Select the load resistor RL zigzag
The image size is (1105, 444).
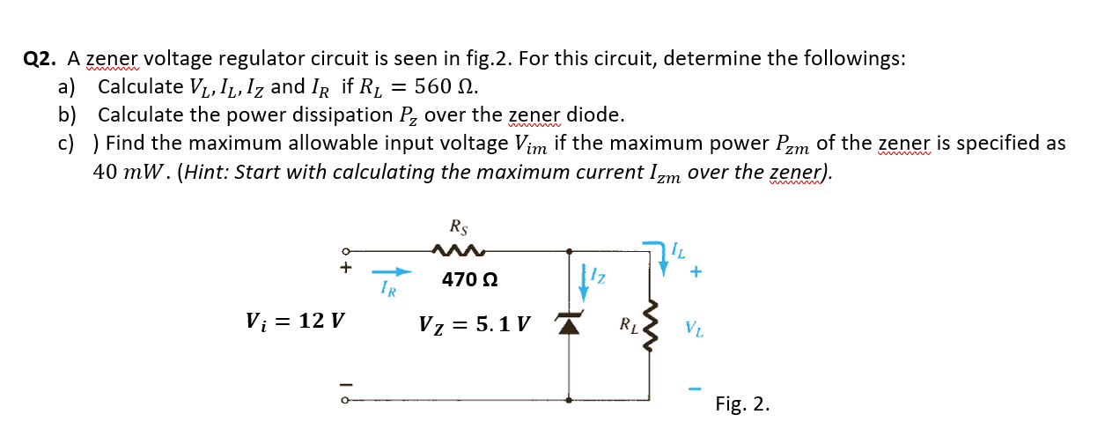tap(652, 325)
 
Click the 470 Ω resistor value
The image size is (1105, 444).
tap(469, 280)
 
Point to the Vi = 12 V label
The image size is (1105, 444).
tap(295, 321)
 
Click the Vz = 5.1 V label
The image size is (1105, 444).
tap(475, 324)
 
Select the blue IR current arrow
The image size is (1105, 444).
tap(391, 272)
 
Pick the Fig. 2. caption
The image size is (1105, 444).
tap(742, 404)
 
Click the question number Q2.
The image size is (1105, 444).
tap(41, 59)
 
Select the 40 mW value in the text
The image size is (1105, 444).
tap(131, 172)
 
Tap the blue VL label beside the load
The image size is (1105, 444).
tap(695, 331)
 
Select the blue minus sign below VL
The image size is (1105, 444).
tap(696, 388)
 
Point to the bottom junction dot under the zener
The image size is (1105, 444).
tap(569, 401)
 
